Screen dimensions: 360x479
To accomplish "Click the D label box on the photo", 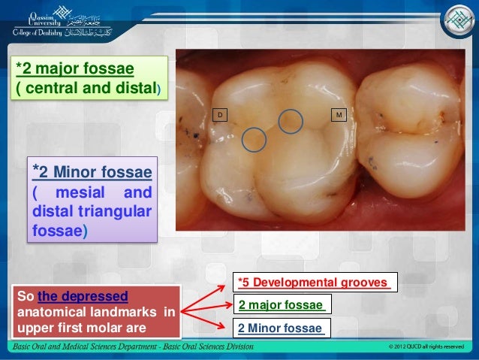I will [x=221, y=114].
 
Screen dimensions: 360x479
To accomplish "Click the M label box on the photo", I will [x=340, y=114].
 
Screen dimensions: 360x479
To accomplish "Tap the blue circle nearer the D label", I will [x=255, y=138].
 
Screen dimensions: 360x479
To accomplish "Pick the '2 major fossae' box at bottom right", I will [x=282, y=305].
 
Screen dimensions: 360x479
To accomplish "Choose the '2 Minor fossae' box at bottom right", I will [x=282, y=328].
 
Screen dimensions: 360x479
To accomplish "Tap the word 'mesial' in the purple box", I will [x=85, y=192].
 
